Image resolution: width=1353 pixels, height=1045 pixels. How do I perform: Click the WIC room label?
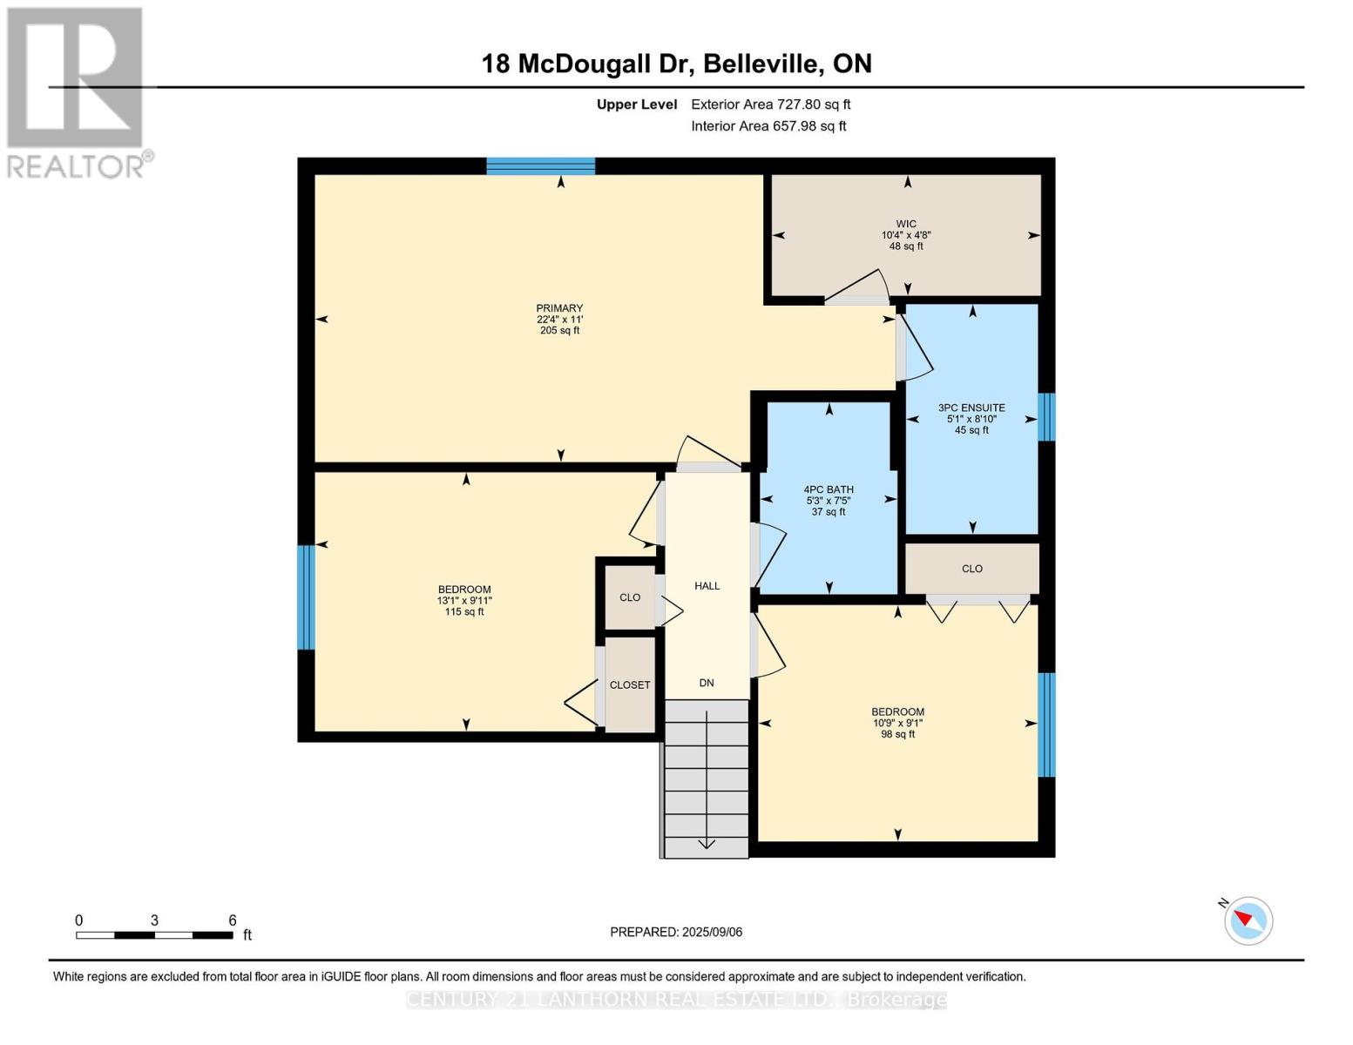click(906, 224)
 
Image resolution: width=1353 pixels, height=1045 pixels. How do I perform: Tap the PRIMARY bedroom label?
click(559, 308)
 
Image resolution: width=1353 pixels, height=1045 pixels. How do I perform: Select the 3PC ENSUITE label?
click(971, 408)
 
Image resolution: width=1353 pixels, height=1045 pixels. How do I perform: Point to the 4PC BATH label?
click(829, 489)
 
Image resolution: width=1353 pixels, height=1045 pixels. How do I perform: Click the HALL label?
click(707, 586)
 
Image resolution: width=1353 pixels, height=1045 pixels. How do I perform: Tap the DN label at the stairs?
click(707, 683)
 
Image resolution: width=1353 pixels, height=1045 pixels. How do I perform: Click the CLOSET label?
click(630, 685)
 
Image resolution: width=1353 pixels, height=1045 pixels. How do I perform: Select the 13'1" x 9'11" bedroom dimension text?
click(464, 601)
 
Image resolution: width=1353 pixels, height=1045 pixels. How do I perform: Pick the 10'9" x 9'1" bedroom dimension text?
click(897, 723)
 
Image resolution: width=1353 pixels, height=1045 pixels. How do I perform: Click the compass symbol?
click(1248, 920)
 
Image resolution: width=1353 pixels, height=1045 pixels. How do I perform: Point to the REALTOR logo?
click(77, 91)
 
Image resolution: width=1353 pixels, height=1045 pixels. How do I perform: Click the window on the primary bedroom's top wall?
click(540, 166)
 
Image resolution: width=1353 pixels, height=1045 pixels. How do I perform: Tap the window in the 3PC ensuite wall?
click(1047, 417)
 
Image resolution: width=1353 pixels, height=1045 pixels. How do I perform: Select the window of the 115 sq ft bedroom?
click(306, 597)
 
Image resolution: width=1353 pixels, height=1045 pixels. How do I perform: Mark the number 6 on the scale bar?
click(233, 920)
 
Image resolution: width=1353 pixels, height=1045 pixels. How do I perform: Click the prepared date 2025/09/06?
click(712, 932)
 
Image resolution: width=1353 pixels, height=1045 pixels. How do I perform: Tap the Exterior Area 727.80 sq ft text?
click(770, 104)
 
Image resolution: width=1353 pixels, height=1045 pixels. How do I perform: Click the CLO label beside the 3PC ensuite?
click(971, 569)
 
